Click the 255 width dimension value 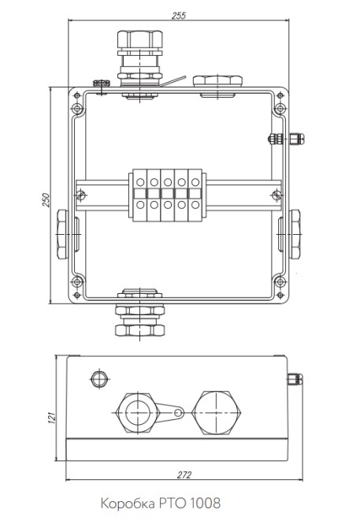(179, 16)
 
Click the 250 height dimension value (46, 200)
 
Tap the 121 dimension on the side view (51, 418)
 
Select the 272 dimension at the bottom (184, 474)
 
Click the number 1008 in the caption (206, 504)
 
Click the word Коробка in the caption (128, 504)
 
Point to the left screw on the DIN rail (81, 195)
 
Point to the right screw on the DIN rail (276, 195)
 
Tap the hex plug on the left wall (62, 234)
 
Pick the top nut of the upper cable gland (139, 39)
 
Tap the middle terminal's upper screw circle (168, 183)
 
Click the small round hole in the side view (99, 379)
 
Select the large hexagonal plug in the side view (217, 412)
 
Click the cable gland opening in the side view (139, 412)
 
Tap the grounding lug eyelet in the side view (178, 412)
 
